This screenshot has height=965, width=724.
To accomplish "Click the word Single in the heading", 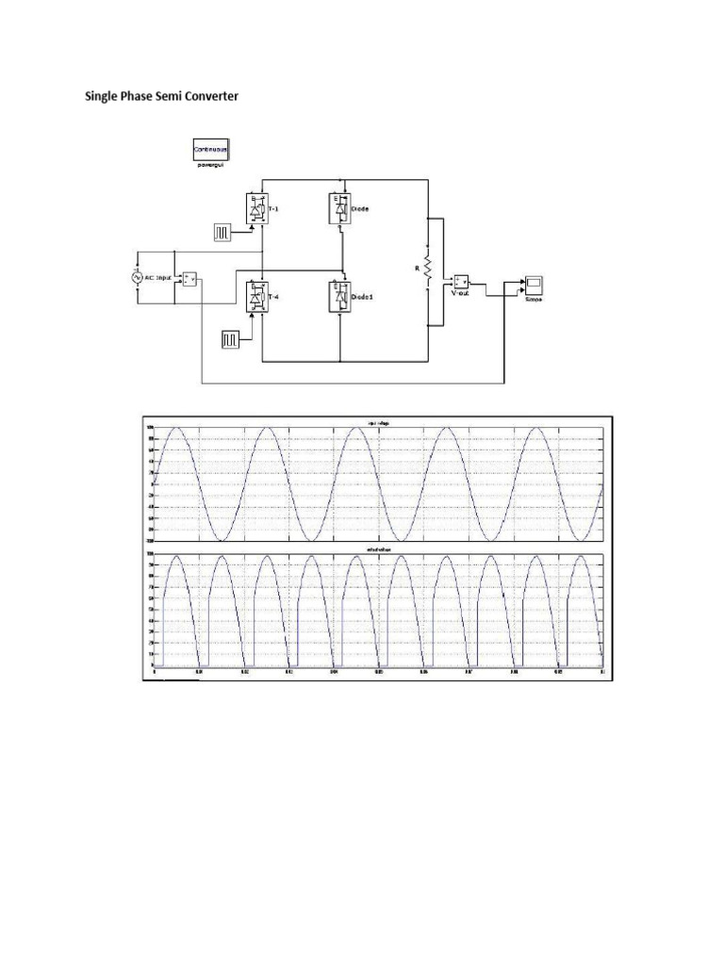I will [x=101, y=96].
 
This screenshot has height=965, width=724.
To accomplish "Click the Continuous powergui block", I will [x=211, y=149].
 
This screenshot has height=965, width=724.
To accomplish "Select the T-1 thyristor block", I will [x=256, y=207].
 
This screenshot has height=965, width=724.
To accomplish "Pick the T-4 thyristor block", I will [x=256, y=297].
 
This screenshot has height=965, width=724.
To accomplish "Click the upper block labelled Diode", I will [x=339, y=207].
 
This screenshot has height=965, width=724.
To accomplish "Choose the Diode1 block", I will [x=339, y=297].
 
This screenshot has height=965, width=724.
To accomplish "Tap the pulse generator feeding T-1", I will [x=223, y=231].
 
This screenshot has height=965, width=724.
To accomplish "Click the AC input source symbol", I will [x=137, y=277].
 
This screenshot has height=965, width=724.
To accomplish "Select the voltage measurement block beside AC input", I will [x=189, y=278].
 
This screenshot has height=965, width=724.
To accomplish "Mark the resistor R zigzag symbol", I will [x=428, y=269].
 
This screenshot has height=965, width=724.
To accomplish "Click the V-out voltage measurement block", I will [x=461, y=281].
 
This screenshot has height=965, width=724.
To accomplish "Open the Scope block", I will [x=535, y=283].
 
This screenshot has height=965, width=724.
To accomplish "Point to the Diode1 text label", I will [x=362, y=297].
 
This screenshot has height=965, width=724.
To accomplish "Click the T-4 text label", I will [x=274, y=297].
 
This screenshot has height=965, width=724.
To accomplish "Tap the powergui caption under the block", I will [x=210, y=165].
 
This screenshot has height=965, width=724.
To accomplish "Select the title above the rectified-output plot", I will [x=375, y=549].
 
